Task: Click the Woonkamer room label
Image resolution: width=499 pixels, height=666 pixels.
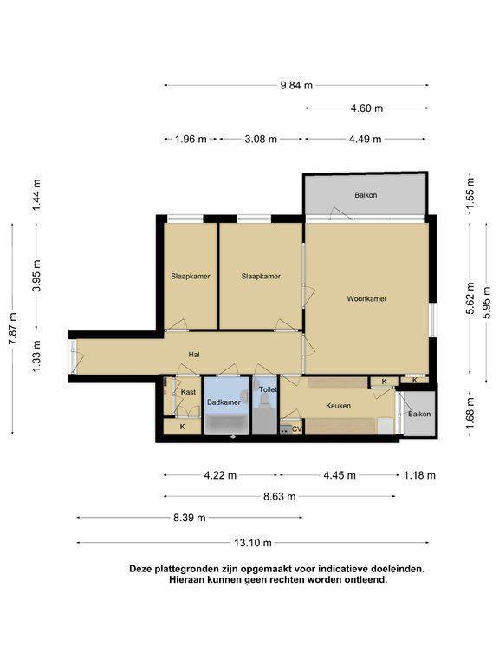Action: (366, 298)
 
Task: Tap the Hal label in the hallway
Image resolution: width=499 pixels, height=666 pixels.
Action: (194, 354)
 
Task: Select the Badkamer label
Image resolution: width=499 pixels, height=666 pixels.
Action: (224, 402)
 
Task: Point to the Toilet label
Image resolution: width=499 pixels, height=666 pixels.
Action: (268, 389)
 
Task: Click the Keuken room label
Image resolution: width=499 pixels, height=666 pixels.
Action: (338, 406)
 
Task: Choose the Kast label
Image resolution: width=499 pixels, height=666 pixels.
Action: (188, 392)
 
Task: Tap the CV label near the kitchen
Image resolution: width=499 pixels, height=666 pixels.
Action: (296, 429)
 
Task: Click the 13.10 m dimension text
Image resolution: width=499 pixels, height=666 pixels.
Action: (252, 543)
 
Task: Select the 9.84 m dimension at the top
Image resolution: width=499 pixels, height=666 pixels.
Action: (296, 85)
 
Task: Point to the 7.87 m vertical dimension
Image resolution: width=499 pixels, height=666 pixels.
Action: (14, 329)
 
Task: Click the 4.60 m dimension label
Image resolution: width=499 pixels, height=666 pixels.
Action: (366, 108)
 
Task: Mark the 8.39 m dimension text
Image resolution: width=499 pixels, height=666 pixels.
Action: (189, 518)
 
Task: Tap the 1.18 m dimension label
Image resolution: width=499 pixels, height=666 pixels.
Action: (419, 475)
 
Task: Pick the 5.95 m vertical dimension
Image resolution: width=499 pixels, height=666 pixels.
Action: (487, 303)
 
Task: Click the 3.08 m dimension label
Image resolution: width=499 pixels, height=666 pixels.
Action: (261, 139)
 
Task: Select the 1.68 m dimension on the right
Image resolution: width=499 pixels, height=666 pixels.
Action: (470, 413)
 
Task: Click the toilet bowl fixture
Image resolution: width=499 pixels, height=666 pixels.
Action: (265, 400)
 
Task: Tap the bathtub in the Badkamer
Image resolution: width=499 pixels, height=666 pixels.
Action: (227, 425)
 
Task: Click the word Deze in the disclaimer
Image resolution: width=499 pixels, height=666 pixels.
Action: (140, 569)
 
